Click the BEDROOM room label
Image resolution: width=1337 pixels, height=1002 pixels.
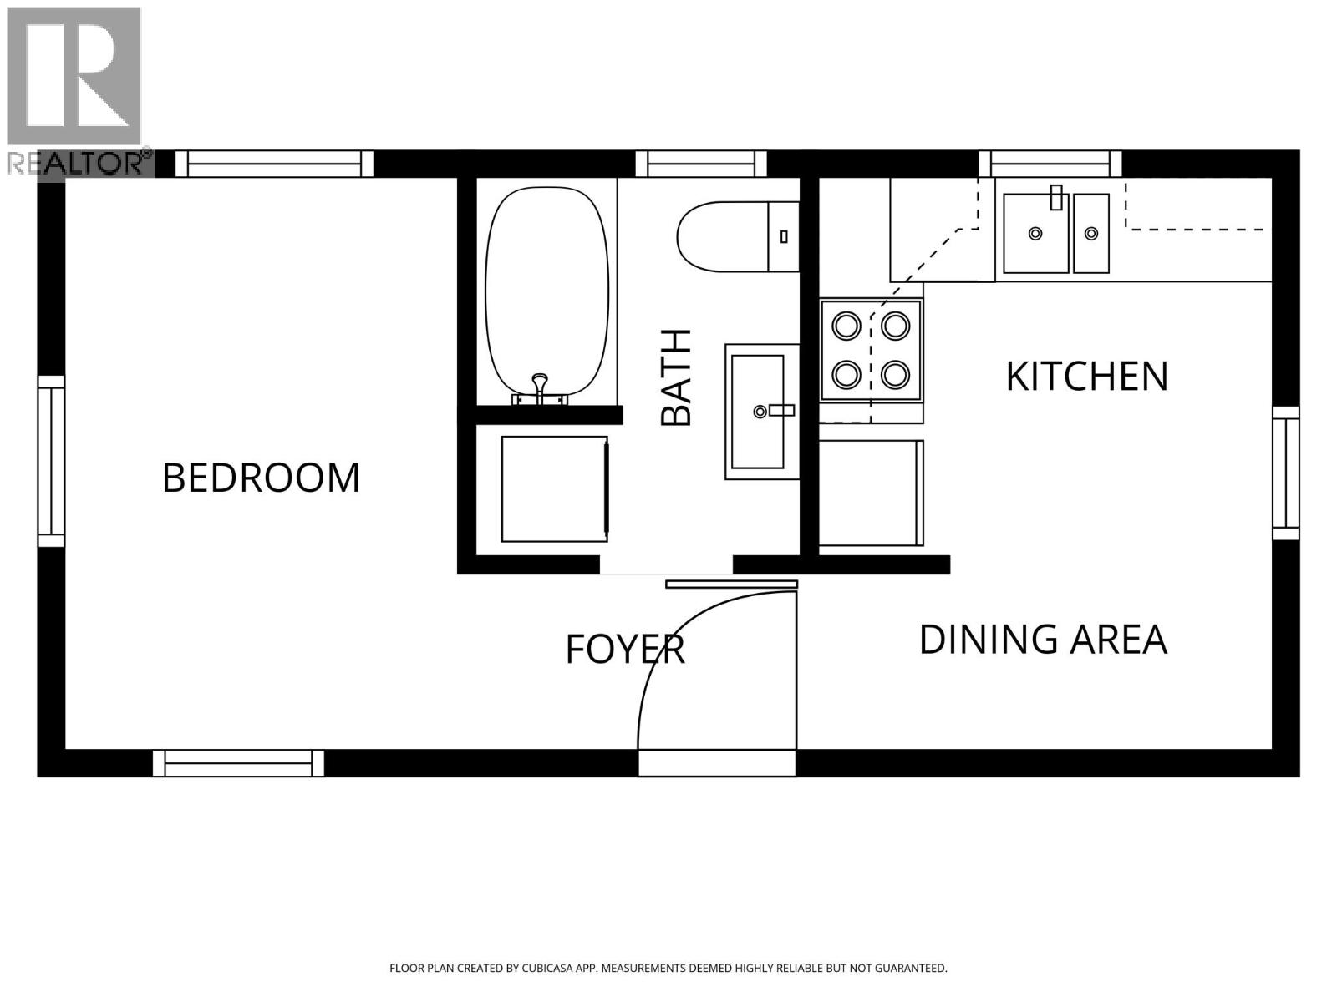[x=261, y=478]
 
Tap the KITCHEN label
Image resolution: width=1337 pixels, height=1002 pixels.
[x=1086, y=377]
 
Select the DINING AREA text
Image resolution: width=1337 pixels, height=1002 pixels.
[x=1043, y=640]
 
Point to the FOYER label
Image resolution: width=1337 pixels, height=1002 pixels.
[x=625, y=649]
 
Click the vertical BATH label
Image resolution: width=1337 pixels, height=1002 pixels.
[x=676, y=377]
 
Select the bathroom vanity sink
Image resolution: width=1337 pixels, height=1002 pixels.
[x=757, y=411]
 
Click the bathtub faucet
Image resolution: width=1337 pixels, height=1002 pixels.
[x=540, y=387]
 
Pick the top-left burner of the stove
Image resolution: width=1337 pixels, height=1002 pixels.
[x=846, y=325]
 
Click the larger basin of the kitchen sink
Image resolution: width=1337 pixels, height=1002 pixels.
[x=1035, y=233]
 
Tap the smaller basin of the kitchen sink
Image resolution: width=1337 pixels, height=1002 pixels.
[x=1091, y=233]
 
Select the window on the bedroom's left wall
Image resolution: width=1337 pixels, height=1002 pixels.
[x=51, y=461]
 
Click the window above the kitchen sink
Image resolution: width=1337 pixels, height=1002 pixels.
[x=1050, y=164]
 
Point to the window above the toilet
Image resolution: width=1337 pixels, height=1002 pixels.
[x=701, y=164]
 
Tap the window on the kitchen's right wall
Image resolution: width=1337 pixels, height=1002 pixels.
[x=1286, y=473]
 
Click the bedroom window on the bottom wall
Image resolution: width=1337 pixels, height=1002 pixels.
[x=238, y=763]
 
